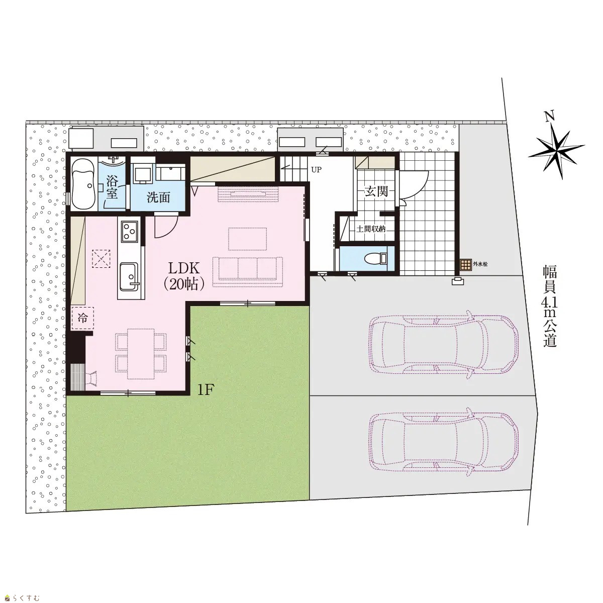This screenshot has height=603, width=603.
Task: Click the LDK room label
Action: [184, 276]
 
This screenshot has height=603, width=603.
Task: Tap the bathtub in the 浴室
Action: [83, 185]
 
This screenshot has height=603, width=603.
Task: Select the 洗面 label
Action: [158, 198]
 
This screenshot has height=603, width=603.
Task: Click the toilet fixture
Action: [375, 258]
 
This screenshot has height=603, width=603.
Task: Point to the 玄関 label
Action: [376, 191]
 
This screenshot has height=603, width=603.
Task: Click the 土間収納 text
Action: [371, 229]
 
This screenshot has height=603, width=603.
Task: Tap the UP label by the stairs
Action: [317, 170]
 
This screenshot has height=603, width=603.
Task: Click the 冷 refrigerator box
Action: [82, 318]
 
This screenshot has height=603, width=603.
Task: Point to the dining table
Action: [141, 354]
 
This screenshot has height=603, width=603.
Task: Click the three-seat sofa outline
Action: [248, 272]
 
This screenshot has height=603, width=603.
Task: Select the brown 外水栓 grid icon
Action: [465, 265]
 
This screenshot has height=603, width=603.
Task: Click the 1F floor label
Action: [206, 390]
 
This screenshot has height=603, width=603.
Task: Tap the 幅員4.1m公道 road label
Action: [550, 307]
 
